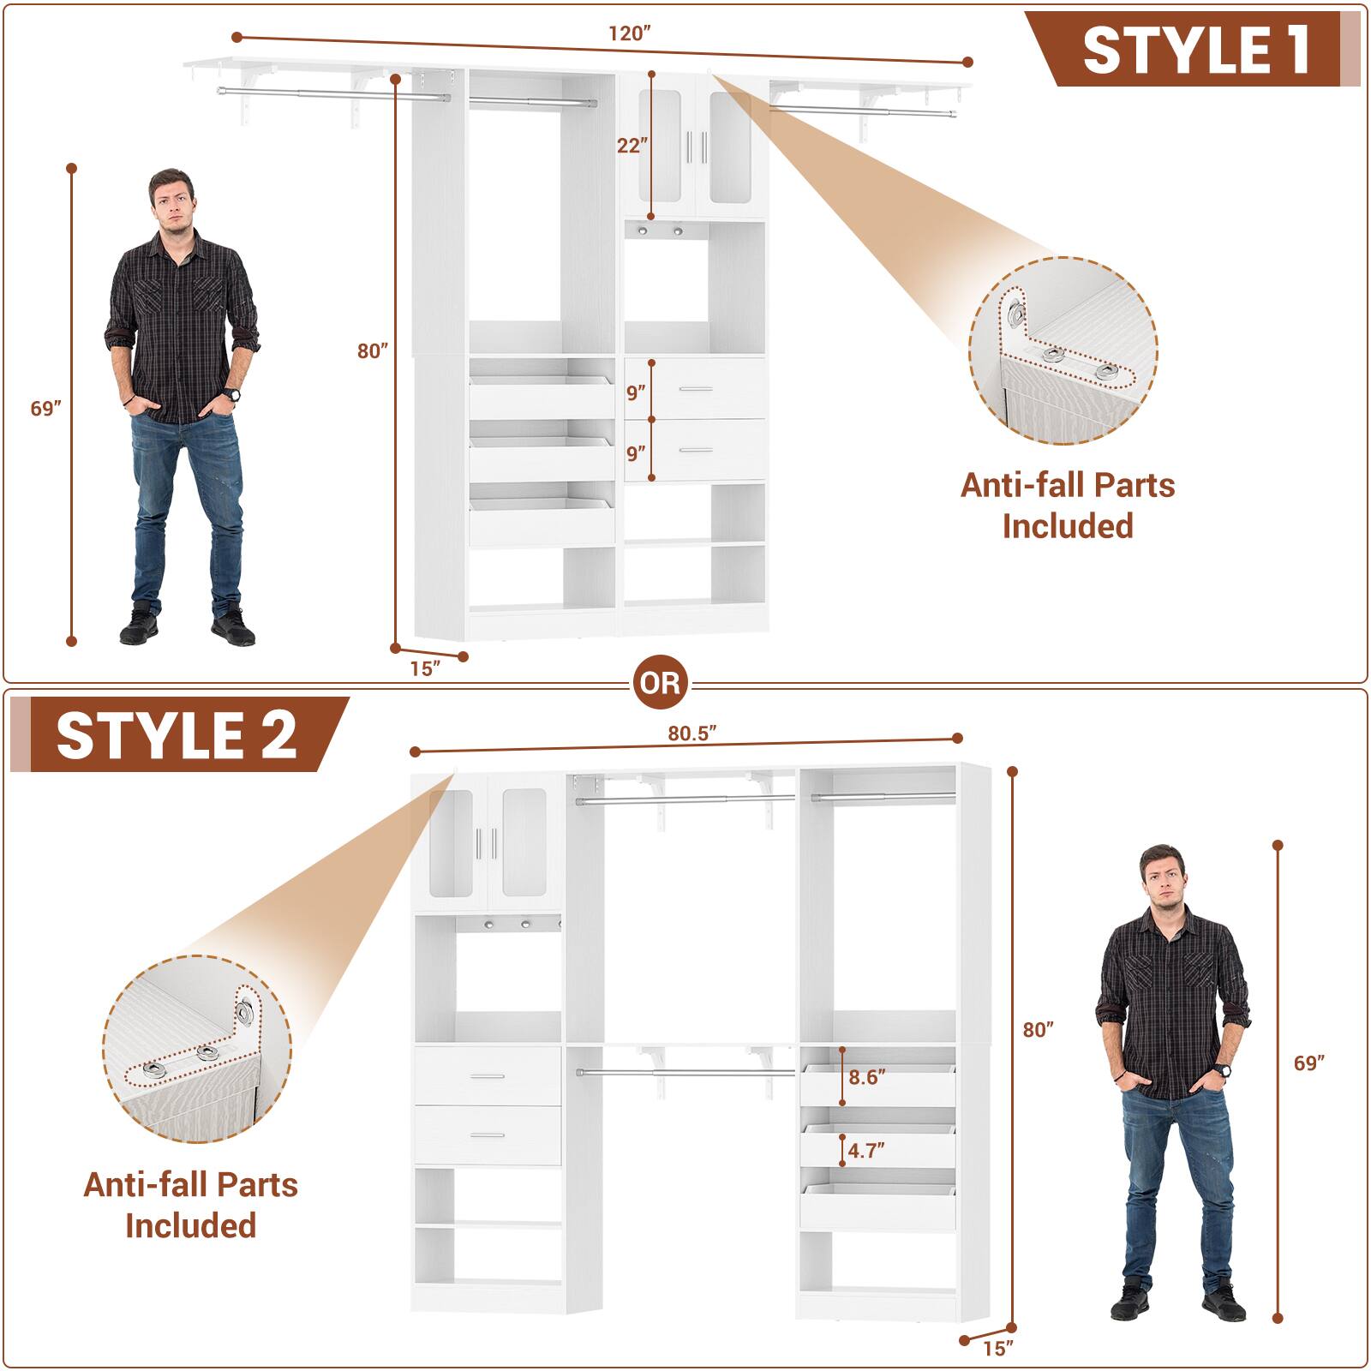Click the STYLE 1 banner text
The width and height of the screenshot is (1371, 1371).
(x=1196, y=51)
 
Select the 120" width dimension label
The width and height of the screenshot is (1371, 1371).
(x=631, y=33)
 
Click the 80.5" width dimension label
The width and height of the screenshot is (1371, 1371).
(x=691, y=733)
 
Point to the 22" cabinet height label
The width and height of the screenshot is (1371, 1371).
(x=631, y=146)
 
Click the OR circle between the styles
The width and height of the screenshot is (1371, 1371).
(x=661, y=683)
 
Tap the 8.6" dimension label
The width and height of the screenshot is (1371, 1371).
(x=866, y=1077)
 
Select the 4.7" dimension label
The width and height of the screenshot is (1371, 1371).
(x=866, y=1150)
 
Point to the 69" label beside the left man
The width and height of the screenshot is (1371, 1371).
(x=46, y=409)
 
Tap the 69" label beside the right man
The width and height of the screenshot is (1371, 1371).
(x=1309, y=1063)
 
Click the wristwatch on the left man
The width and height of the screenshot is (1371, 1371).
(x=230, y=395)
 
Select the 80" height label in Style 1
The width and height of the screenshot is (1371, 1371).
(x=373, y=350)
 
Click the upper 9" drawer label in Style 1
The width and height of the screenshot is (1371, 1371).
(x=635, y=393)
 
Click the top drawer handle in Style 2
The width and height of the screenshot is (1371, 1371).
(x=488, y=1076)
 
